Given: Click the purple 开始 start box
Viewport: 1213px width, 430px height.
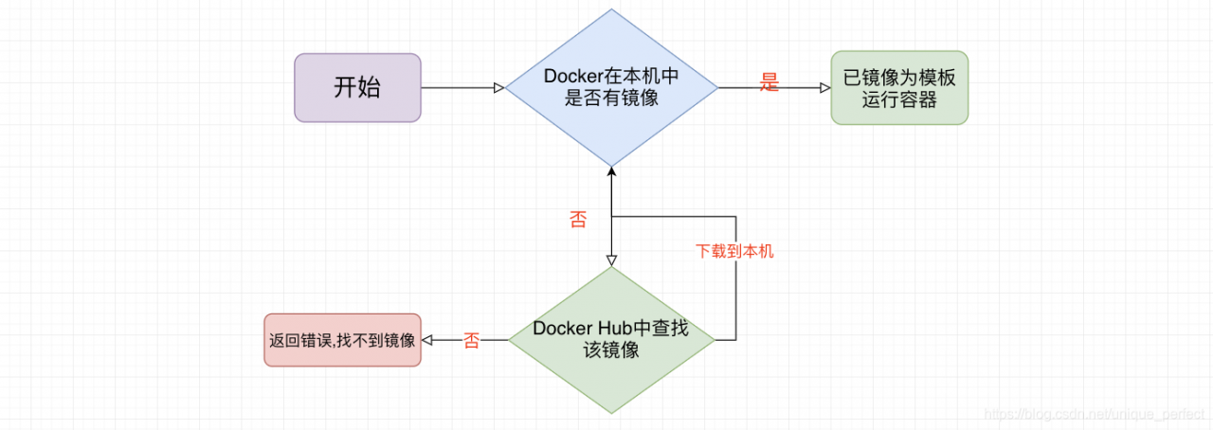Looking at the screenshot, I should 357,88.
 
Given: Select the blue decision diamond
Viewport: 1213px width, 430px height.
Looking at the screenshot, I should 611,87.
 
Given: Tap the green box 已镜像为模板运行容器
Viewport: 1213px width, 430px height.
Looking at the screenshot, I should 899,88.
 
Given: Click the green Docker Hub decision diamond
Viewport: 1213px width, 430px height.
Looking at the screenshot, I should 611,339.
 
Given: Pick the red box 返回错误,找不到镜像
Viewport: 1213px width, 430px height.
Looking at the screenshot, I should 342,339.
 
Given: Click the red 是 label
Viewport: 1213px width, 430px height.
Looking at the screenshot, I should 769,83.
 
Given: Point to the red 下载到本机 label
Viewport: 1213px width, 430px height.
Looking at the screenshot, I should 734,252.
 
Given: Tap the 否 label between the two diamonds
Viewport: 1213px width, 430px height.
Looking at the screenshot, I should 577,221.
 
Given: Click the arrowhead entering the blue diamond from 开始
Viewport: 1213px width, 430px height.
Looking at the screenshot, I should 498,88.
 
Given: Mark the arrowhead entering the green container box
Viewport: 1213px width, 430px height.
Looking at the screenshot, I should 824,88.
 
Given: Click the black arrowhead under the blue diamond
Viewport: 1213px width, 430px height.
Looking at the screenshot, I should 611,171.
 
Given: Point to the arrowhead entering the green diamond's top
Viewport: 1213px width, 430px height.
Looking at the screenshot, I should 611,260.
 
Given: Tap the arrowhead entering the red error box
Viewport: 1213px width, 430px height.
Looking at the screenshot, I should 427,339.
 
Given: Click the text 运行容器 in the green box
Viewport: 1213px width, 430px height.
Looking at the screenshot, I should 899,99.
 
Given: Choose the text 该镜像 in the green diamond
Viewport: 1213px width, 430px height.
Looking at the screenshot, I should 611,350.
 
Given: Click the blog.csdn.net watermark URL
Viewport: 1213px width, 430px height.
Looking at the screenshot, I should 1095,415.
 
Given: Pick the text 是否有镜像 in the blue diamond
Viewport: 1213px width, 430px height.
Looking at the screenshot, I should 611,99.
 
